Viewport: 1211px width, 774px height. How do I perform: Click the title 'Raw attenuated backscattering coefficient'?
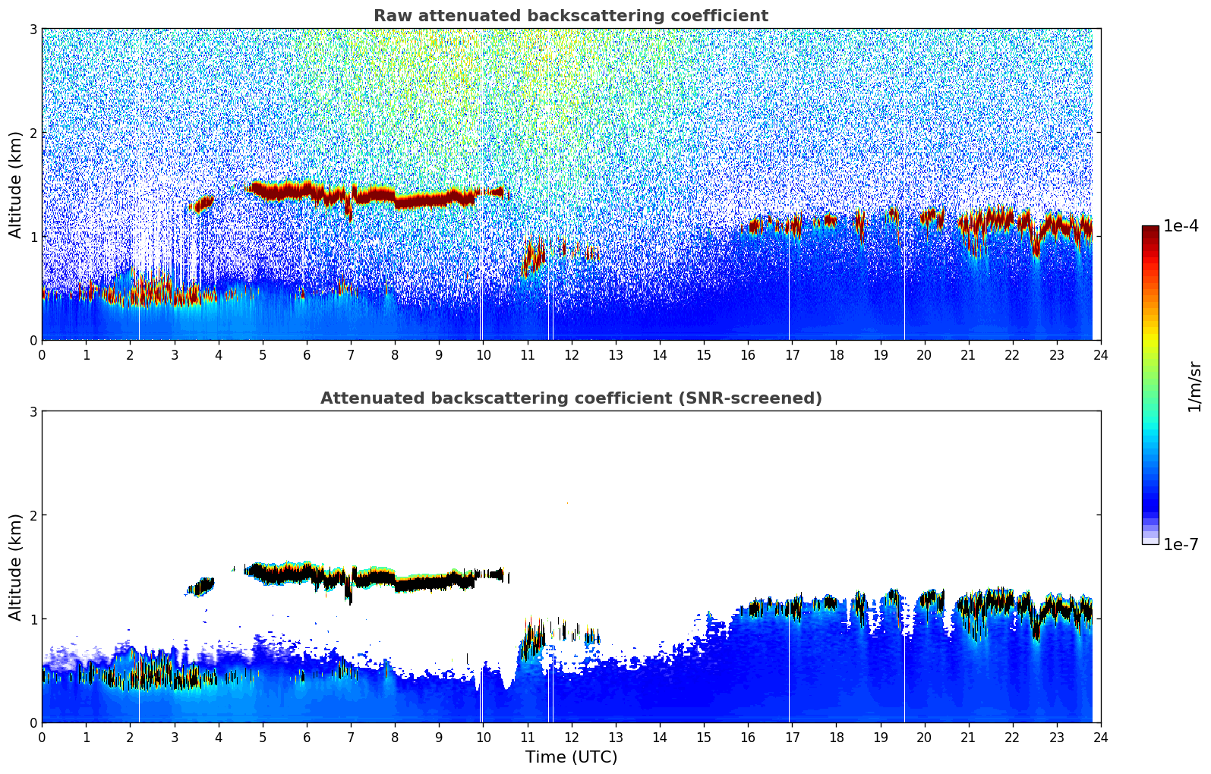(570, 16)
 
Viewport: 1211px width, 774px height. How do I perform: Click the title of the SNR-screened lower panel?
(570, 398)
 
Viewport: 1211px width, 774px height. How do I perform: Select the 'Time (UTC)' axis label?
(571, 757)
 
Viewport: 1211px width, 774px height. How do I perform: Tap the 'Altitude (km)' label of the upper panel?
(15, 184)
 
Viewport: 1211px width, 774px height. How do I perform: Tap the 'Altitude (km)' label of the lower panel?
(15, 567)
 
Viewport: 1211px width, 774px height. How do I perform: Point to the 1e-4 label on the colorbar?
(1181, 226)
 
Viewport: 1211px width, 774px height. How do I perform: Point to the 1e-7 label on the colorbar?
(1181, 544)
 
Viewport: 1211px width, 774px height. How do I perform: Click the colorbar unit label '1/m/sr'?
(1194, 386)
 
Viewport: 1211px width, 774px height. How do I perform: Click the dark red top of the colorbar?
(1150, 230)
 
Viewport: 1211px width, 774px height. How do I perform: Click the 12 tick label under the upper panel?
(571, 354)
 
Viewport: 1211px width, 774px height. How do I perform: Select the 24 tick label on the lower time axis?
(1101, 737)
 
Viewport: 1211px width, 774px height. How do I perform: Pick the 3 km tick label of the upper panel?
(33, 30)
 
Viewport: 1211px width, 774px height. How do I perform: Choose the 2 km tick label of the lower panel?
(33, 515)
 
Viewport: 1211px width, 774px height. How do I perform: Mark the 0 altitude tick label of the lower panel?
(33, 722)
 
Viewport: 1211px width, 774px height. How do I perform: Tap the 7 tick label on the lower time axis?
(351, 737)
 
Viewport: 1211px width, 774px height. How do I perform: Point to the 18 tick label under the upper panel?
(836, 354)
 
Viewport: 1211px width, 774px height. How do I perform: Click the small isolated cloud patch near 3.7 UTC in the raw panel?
(203, 203)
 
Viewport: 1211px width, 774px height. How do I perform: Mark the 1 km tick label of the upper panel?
(33, 237)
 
